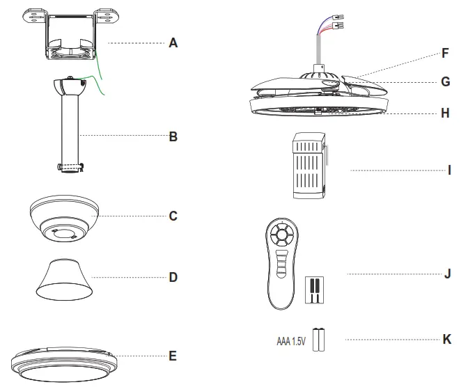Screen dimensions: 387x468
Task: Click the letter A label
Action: [173, 42]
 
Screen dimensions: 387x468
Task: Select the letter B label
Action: [173, 136]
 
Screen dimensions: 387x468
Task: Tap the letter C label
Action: [173, 216]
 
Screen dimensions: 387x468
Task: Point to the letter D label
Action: [173, 276]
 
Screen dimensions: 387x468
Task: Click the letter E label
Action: [173, 356]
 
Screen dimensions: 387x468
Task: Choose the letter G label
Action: [446, 81]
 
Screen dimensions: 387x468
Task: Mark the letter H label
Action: [446, 112]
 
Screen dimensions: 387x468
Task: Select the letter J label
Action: [448, 274]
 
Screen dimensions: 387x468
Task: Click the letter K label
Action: [447, 340]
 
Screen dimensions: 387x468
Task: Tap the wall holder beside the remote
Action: [315, 289]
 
